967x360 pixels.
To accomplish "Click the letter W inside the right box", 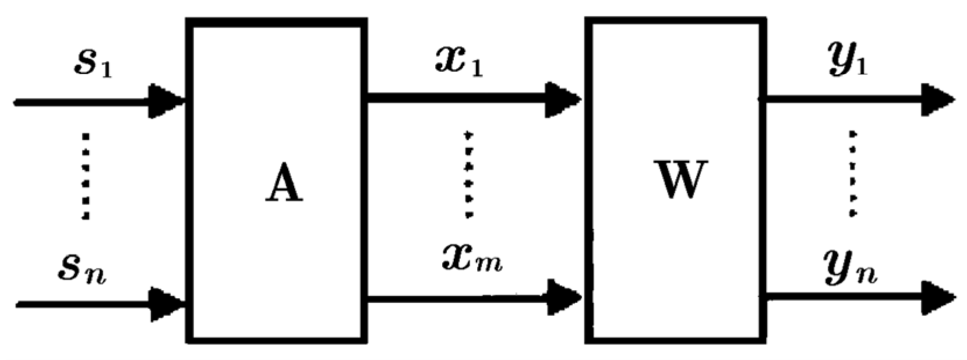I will [680, 178].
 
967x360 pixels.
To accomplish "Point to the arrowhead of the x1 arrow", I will [562, 99].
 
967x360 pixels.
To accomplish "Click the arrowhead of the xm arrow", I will [563, 298].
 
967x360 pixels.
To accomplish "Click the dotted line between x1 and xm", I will [468, 175].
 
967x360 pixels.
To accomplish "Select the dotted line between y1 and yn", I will [852, 174].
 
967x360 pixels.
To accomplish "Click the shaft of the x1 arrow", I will [454, 98].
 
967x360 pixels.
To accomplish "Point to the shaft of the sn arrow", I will [82, 303].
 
